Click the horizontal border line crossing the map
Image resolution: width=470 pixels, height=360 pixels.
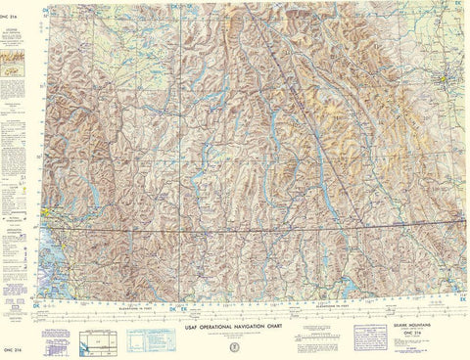[245, 231]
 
